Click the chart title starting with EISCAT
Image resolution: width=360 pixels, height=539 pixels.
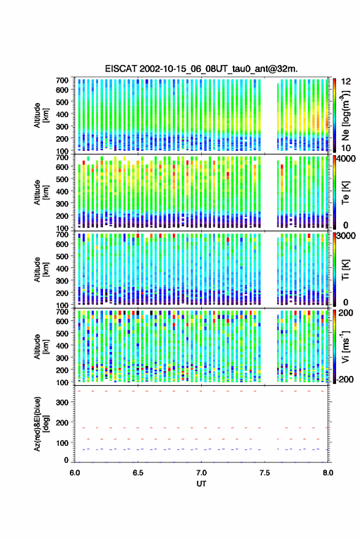tap(201, 69)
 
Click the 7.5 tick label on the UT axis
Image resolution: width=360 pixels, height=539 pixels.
tap(265, 473)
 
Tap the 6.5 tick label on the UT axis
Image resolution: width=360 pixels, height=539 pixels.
tap(138, 473)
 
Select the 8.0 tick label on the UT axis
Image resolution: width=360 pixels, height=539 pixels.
tap(327, 473)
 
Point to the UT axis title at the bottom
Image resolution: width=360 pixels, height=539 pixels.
tap(201, 484)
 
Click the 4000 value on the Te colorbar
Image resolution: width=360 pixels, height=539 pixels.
tap(347, 159)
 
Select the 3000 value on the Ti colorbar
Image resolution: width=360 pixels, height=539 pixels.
tap(347, 236)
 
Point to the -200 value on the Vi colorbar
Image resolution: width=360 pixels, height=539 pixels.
tap(345, 380)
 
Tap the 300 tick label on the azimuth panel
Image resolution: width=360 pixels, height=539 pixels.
tap(62, 402)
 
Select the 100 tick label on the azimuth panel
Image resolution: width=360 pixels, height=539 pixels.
tap(62, 443)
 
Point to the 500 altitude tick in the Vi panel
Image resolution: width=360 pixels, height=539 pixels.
tap(62, 333)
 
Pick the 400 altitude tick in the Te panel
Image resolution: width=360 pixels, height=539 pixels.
tap(62, 191)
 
